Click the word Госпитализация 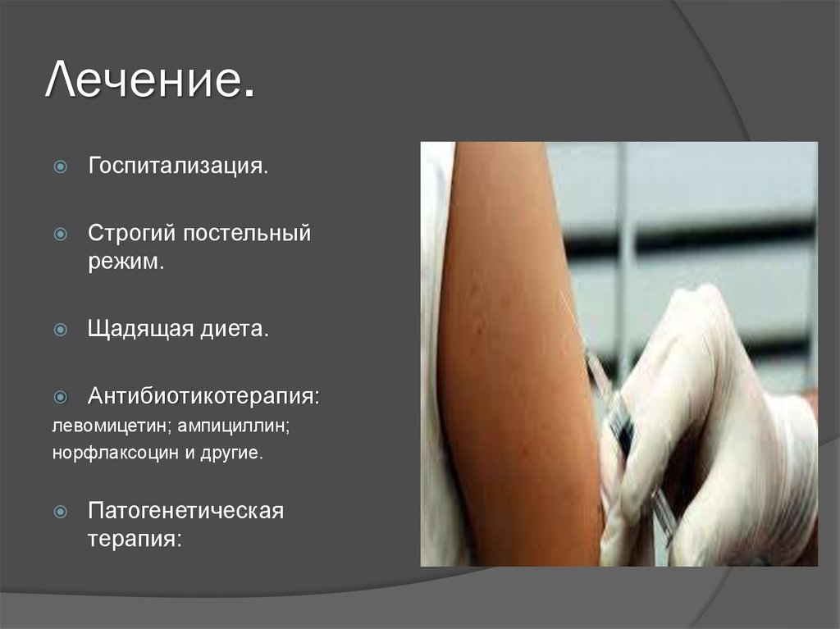178,166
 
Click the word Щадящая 137,330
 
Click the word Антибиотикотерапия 203,397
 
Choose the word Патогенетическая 186,511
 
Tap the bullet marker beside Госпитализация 60,167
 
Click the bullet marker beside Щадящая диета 60,330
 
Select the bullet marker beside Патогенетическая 60,512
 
